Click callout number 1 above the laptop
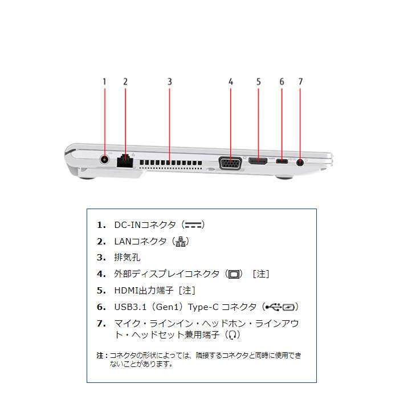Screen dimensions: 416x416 point(104,81)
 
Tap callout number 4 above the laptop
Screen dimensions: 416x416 point(231,81)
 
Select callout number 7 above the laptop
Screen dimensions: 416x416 point(300,81)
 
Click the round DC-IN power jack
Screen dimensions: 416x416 point(105,160)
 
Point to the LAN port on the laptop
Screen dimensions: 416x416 point(125,161)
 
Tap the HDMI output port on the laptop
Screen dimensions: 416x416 point(258,162)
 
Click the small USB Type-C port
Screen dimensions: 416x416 point(282,162)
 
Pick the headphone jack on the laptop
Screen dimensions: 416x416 point(300,162)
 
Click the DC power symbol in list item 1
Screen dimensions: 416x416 point(194,225)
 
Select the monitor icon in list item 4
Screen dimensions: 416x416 point(234,275)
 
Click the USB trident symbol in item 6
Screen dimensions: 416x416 point(273,307)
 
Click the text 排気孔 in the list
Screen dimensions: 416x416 point(127,258)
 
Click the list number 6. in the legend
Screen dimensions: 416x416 point(101,307)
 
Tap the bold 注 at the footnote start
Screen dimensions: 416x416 point(100,355)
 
